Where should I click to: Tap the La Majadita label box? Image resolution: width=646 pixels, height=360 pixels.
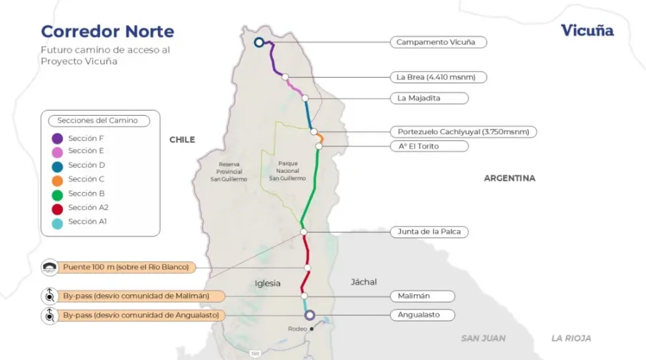coord(429,98)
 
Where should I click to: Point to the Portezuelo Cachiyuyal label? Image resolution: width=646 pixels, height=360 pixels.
coord(462,131)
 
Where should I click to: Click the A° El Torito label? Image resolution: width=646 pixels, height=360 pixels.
coord(429,146)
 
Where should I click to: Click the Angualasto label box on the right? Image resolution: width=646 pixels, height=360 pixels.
coord(425,314)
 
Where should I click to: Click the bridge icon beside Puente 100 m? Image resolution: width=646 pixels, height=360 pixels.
coord(49,268)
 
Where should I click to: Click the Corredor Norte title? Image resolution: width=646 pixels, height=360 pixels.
coord(107,31)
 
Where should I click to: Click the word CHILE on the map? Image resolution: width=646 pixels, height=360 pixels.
coord(182,140)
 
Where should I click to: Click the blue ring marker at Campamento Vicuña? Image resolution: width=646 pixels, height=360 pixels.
coord(259,42)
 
